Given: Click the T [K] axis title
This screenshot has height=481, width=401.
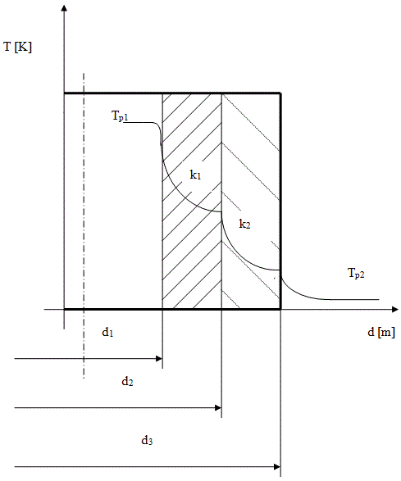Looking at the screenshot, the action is tap(17, 48).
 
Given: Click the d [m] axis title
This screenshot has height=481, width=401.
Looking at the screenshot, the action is tap(381, 332).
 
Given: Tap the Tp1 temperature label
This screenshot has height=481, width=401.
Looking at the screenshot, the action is tap(120, 116).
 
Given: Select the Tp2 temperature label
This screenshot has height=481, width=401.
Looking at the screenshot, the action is tap(356, 273).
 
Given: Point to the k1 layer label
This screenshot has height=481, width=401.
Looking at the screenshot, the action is tap(195, 175).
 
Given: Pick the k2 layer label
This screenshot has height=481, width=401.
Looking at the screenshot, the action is tap(244, 224).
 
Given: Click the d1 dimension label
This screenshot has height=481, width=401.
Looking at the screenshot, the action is tap(107, 332).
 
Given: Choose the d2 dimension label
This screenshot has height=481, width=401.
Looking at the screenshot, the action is tap(127, 381).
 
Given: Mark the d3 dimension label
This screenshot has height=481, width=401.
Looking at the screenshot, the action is tap(147, 441).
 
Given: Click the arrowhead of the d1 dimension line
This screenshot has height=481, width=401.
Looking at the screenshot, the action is tap(159, 358).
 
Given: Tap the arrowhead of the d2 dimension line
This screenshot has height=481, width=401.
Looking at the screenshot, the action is tap(218, 408).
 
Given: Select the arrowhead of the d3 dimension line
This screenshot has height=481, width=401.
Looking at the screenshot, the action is tap(277, 467).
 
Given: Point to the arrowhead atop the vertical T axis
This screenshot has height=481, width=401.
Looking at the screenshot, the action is tap(64, 7).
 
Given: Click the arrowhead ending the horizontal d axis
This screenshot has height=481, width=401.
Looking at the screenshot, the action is tap(395, 309).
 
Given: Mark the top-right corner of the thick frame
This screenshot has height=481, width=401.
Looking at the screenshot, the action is tap(280, 93).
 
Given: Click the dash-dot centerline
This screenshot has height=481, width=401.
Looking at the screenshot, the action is tap(84, 225).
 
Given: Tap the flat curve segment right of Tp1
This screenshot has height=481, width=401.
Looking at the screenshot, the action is tap(139, 122).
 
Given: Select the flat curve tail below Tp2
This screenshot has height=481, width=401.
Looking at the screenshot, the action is tap(353, 299).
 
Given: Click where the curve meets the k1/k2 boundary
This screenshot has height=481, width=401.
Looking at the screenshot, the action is tap(221, 211).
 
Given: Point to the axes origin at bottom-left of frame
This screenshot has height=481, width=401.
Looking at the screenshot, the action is tap(64, 309).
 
